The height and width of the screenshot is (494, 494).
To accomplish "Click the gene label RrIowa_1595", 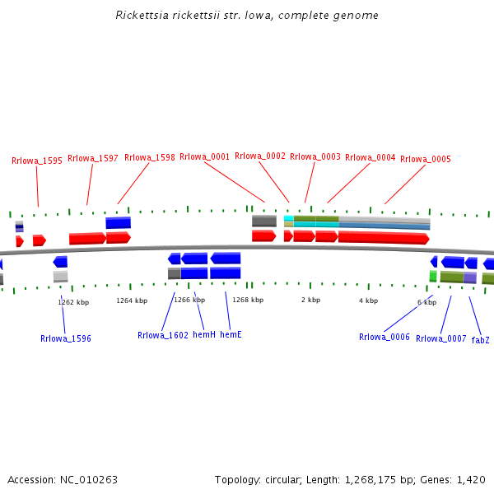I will (37, 161).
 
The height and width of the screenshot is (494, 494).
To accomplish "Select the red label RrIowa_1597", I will (93, 158).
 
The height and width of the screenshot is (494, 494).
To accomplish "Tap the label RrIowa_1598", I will (150, 158).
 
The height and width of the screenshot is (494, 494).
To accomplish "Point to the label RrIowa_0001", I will (205, 156).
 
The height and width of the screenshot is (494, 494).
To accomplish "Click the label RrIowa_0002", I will (260, 156).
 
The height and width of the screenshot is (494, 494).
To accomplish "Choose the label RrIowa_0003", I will (315, 156).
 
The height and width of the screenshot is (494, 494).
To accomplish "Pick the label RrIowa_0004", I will (370, 157).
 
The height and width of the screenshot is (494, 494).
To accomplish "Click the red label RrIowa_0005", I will (426, 159).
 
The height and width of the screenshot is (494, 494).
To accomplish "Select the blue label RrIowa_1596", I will (66, 338).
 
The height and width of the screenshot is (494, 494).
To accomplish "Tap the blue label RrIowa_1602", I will (163, 335).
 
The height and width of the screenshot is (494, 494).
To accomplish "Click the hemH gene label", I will (204, 335).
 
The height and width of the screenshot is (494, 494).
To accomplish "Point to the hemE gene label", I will (231, 335).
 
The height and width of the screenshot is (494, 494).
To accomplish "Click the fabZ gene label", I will (480, 339).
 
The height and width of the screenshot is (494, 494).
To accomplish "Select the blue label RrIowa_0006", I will (384, 337).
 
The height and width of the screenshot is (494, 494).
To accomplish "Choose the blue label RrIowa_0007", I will (441, 338).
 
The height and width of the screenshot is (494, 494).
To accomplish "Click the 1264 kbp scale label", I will (132, 301).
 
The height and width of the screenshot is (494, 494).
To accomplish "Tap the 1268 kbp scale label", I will (248, 300).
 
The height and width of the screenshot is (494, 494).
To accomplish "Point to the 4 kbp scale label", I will (368, 301).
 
